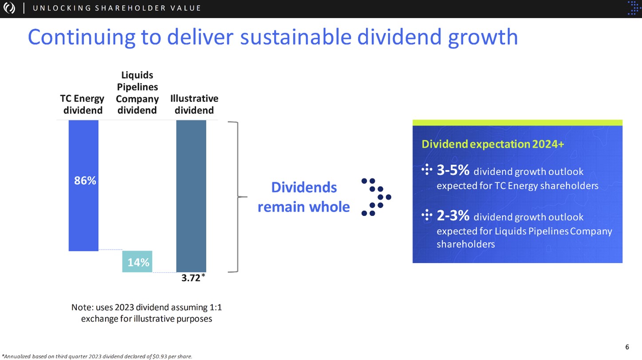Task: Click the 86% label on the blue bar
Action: click(85, 180)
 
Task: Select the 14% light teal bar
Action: click(138, 262)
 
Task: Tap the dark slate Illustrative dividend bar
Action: click(191, 195)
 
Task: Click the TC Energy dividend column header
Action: click(83, 104)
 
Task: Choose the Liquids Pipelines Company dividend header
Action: click(137, 93)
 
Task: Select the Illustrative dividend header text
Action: click(194, 104)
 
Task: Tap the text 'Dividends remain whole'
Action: click(304, 197)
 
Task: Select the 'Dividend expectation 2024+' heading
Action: click(492, 144)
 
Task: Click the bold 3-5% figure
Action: click(453, 170)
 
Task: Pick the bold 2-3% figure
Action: click(453, 216)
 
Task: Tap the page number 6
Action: click(626, 347)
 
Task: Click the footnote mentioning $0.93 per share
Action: click(97, 356)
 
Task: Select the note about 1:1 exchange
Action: click(146, 313)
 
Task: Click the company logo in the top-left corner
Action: click(9, 8)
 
